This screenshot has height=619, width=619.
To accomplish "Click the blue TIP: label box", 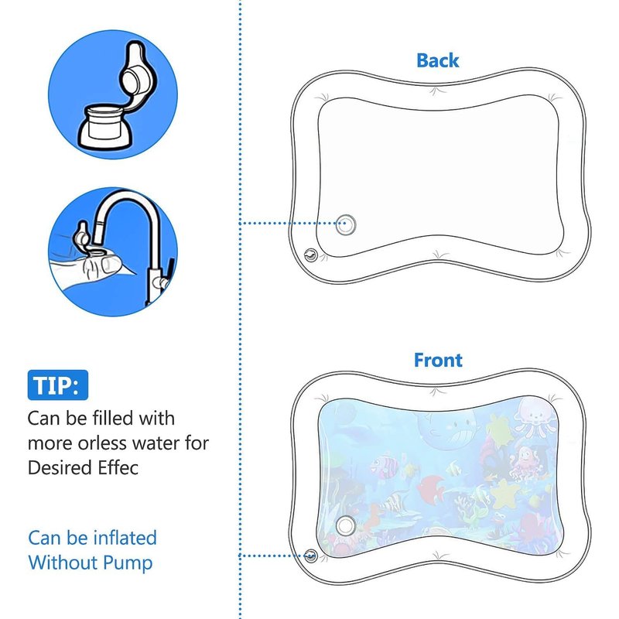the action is click(57, 385).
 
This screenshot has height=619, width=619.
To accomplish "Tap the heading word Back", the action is click(438, 61).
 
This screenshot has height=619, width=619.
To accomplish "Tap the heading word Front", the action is click(438, 360).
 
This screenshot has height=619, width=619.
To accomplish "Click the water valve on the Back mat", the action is click(345, 224).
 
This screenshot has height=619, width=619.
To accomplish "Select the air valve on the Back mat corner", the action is click(311, 255).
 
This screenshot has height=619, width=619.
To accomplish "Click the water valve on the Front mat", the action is click(345, 526).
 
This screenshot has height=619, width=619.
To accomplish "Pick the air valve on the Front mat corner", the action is click(311, 556).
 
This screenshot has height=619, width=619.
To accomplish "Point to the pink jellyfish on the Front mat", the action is click(532, 416).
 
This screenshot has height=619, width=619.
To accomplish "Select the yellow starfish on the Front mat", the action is click(504, 494).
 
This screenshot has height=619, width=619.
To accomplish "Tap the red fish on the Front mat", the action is click(431, 487).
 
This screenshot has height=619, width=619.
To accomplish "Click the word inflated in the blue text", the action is click(125, 538).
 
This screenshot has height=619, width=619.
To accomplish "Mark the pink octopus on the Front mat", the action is click(523, 463).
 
